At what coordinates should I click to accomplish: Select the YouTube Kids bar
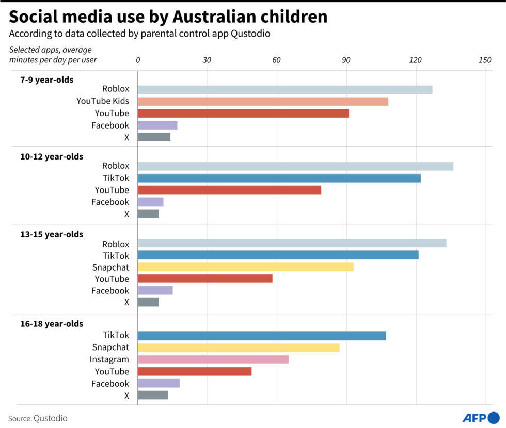pos(263,102)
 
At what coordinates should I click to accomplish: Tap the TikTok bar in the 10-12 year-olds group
pos(279,178)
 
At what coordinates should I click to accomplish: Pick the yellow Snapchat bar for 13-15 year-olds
pos(246,267)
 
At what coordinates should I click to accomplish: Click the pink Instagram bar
pos(213,359)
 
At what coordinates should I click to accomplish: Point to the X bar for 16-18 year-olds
pos(153,395)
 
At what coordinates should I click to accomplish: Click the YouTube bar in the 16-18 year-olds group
pos(195,371)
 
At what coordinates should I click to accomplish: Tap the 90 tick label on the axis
pos(346,60)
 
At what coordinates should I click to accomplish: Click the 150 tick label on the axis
pos(485,60)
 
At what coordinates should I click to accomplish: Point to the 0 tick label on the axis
pos(138,60)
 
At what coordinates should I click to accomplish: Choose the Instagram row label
pos(109,359)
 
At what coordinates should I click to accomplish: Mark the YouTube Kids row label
pos(103,101)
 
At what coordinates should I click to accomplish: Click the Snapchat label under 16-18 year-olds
pos(110,347)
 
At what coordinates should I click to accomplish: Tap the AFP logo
pos(480,417)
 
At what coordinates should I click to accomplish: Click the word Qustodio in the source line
pos(51,418)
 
